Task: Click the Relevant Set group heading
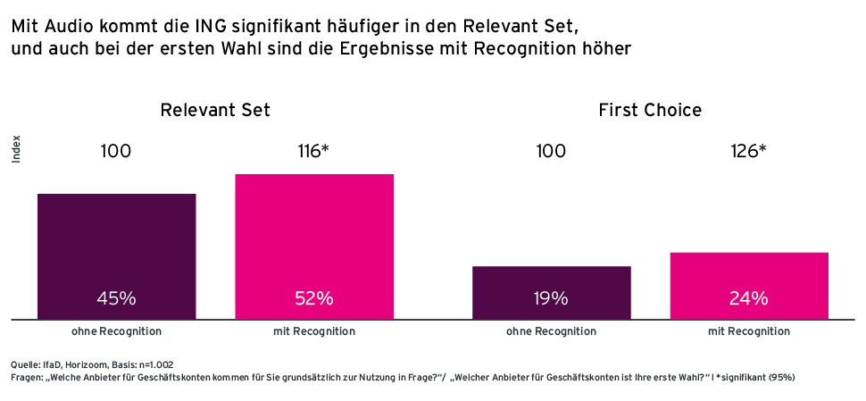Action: pyautogui.click(x=215, y=111)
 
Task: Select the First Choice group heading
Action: pyautogui.click(x=650, y=111)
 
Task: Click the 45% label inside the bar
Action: pyautogui.click(x=116, y=299)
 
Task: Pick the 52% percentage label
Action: pyautogui.click(x=313, y=299)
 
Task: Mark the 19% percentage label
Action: pyautogui.click(x=551, y=299)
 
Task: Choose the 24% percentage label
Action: pyautogui.click(x=748, y=299)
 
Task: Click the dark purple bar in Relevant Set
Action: pyautogui.click(x=116, y=241)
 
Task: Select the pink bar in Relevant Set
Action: pyautogui.click(x=313, y=232)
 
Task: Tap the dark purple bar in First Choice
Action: pyautogui.click(x=551, y=280)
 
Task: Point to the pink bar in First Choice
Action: pyautogui.click(x=748, y=272)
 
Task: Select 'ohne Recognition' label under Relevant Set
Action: pyautogui.click(x=116, y=331)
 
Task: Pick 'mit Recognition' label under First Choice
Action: pyautogui.click(x=748, y=331)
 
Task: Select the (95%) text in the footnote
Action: pyautogui.click(x=779, y=378)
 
